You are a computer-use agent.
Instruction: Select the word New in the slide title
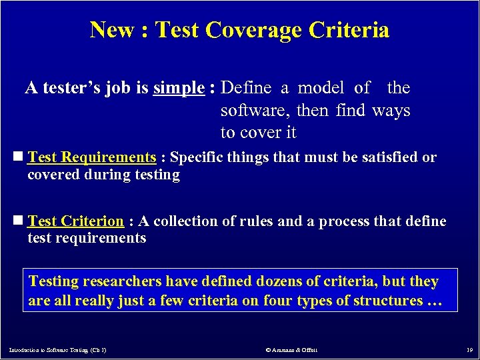pos(111,30)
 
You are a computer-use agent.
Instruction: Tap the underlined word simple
pos(178,87)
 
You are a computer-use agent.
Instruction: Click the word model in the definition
pos(321,87)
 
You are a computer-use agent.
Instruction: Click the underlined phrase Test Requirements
pos(92,157)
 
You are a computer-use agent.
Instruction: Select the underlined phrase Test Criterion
pos(76,221)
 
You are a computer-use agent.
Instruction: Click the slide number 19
pos(468,349)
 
